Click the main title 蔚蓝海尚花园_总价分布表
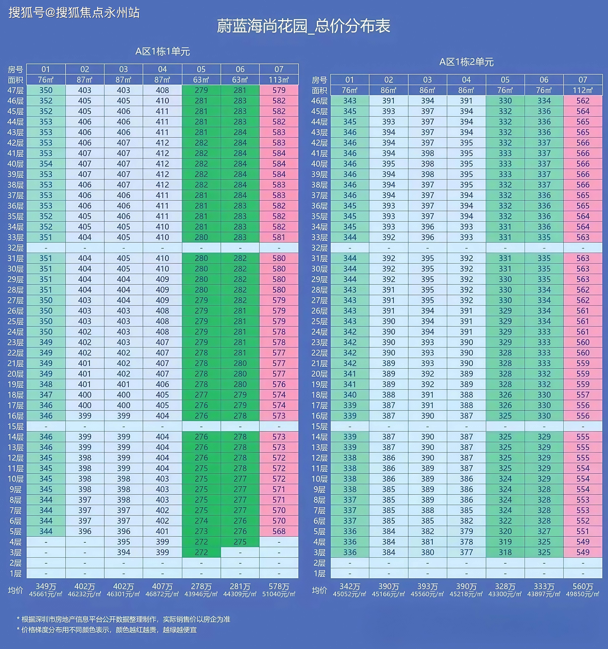[x=303, y=26]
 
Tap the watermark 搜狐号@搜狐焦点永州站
[x=74, y=13]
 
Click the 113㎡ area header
[x=279, y=80]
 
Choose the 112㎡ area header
[x=582, y=90]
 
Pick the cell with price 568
[x=279, y=531]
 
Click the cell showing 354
[x=46, y=164]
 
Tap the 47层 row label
[x=15, y=90]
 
